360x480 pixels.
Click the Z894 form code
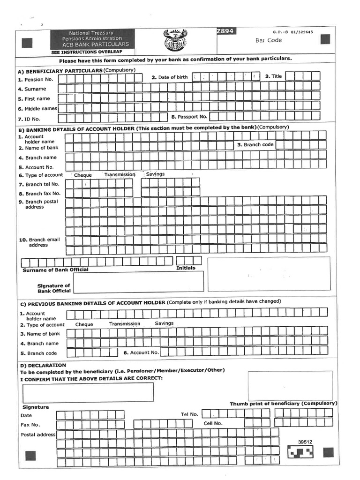[x=225, y=31]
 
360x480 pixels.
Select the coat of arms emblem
[x=174, y=41]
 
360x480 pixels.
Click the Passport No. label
[x=192, y=117]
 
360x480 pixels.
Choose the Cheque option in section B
[x=83, y=175]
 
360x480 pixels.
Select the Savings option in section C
[x=164, y=323]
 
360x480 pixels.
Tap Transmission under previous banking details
[x=125, y=324]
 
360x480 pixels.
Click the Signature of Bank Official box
[x=138, y=281]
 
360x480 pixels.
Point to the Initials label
[x=186, y=268]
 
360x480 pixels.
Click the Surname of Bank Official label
[x=55, y=270]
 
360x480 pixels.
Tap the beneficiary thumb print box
[x=290, y=385]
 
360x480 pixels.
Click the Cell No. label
[x=213, y=423]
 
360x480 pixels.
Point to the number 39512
[x=305, y=442]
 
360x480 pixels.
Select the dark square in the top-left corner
[x=27, y=43]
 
